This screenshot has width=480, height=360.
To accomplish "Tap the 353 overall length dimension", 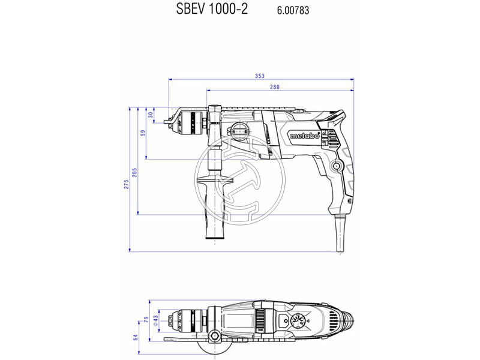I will [x=259, y=76].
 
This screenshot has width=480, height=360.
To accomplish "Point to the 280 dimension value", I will [x=275, y=88].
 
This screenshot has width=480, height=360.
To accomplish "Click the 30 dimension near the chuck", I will [x=151, y=115].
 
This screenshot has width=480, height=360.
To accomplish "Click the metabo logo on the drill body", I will [x=304, y=135].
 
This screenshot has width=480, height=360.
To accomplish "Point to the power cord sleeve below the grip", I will [x=339, y=231].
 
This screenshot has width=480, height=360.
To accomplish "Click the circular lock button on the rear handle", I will [x=337, y=166].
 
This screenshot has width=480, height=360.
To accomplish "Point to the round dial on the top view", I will [x=296, y=321].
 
